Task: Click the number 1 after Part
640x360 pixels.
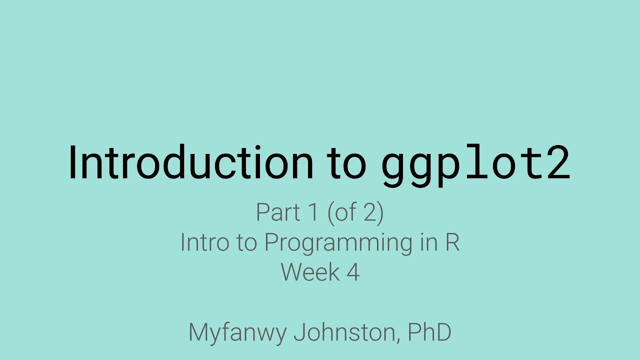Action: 313,212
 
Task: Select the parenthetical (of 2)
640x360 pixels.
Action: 355,213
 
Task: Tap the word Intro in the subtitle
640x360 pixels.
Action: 201,242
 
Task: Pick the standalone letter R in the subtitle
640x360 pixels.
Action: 452,242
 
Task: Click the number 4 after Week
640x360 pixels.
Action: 353,272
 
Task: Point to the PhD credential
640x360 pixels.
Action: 429,332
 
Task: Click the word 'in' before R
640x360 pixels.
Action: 426,242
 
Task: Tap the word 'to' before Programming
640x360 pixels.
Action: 244,243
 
